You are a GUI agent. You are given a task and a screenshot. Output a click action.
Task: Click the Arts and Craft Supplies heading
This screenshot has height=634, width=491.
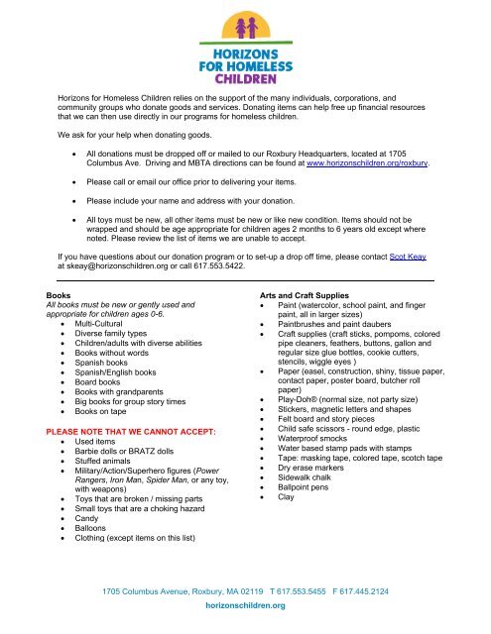[296, 295]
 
